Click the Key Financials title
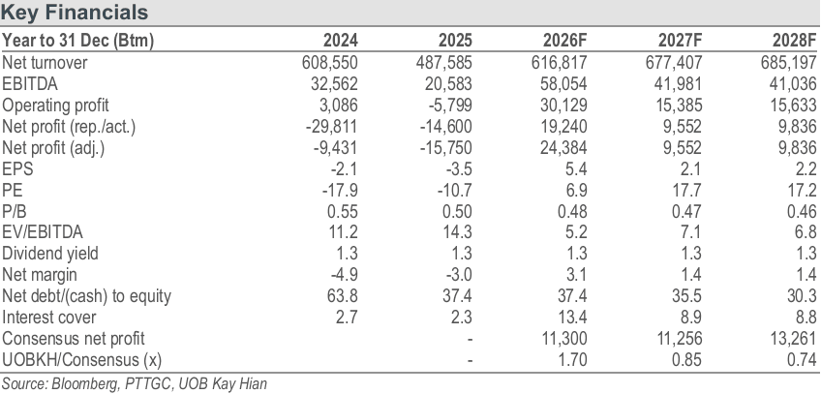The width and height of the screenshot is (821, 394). point(75,12)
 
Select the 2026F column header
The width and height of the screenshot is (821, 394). point(565,41)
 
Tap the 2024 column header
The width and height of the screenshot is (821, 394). point(341,41)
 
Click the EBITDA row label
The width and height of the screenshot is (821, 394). point(30,83)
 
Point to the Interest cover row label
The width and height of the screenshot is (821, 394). point(49,318)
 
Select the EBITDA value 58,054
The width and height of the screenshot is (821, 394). point(563,83)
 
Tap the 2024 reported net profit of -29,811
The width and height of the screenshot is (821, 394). point(332,127)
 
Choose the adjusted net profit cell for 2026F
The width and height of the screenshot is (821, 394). point(563,148)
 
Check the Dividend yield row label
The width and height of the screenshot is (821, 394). point(50,254)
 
